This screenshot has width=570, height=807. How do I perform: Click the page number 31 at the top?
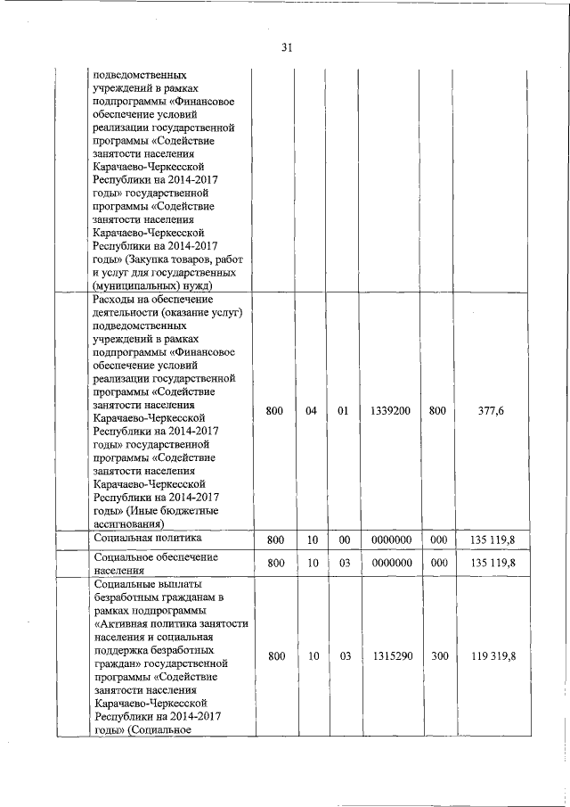pyautogui.click(x=287, y=48)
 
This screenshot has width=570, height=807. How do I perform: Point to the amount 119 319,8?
pyautogui.click(x=493, y=656)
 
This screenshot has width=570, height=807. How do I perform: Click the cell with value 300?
pyautogui.click(x=437, y=656)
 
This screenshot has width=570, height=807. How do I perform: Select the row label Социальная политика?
pyautogui.click(x=148, y=539)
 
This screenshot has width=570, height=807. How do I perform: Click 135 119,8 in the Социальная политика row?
pyautogui.click(x=493, y=540)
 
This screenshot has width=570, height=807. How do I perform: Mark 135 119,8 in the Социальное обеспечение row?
pyautogui.click(x=493, y=564)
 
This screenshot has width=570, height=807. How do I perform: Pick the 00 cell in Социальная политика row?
pyautogui.click(x=343, y=540)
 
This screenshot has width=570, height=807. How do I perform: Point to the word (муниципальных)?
pyautogui.click(x=134, y=285)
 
